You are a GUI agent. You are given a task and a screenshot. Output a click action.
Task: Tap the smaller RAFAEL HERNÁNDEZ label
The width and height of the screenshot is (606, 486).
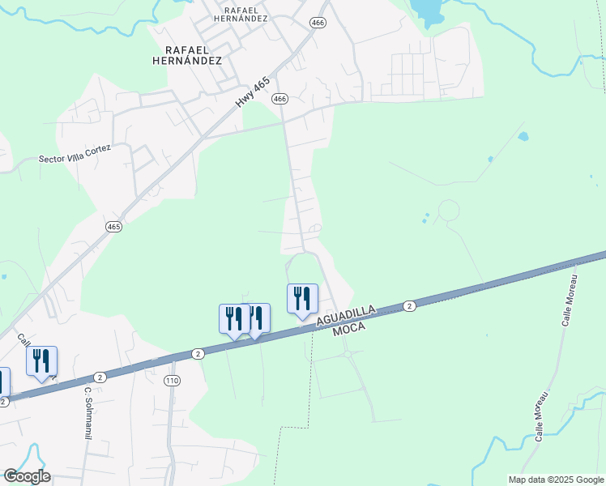241,14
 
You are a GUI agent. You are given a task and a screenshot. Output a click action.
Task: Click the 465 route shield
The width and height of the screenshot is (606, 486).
113,228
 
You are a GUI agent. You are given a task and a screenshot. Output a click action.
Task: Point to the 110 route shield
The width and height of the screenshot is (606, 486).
171,380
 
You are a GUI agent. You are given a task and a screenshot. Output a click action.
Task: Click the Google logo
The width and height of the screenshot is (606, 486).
27,476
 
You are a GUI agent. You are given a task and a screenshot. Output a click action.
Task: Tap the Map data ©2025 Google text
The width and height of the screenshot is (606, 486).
555,480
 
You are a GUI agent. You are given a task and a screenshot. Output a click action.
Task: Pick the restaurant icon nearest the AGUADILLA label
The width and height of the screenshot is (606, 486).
302,298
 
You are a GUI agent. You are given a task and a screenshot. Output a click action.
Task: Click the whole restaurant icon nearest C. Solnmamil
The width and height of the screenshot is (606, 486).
41,361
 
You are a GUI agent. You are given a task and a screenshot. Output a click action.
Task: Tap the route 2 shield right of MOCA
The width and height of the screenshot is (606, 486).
410,306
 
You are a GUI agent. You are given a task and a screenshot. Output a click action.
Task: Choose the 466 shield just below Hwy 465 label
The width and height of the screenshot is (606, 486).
280,99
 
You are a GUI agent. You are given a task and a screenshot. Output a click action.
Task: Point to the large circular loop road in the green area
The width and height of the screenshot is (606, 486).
448,212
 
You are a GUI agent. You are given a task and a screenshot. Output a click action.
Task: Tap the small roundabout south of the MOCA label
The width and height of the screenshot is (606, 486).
348,354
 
